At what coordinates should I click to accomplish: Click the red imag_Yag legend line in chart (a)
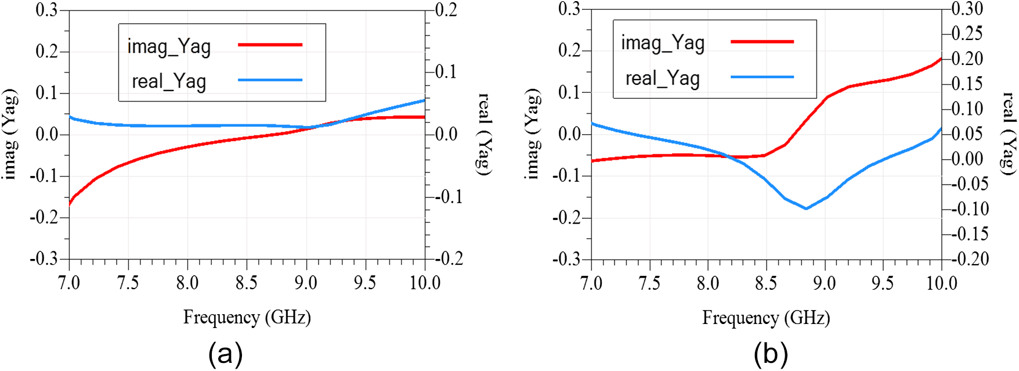pyautogui.click(x=270, y=45)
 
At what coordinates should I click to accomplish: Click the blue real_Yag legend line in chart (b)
pyautogui.click(x=762, y=77)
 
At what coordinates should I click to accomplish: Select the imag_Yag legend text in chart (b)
pyautogui.click(x=663, y=43)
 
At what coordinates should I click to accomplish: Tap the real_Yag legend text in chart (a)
pyautogui.click(x=169, y=81)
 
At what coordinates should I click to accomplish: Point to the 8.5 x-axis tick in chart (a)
pyautogui.click(x=247, y=283)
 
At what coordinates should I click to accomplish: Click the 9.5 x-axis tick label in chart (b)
pyautogui.click(x=883, y=283)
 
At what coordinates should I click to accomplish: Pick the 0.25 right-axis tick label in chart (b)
pyautogui.click(x=967, y=34)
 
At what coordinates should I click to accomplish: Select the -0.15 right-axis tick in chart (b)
pyautogui.click(x=967, y=234)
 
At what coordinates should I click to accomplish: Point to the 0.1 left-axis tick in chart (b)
pyautogui.click(x=571, y=92)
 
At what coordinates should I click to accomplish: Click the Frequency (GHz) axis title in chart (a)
pyautogui.click(x=247, y=317)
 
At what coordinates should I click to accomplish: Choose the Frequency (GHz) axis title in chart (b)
pyautogui.click(x=766, y=318)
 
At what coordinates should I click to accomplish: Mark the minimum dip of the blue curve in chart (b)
pyautogui.click(x=806, y=208)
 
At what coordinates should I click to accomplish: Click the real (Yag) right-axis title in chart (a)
pyautogui.click(x=483, y=134)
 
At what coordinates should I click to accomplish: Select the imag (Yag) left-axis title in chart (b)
pyautogui.click(x=532, y=134)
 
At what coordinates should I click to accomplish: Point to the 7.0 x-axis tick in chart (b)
pyautogui.click(x=591, y=283)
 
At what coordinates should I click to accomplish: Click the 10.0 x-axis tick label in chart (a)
pyautogui.click(x=425, y=283)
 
